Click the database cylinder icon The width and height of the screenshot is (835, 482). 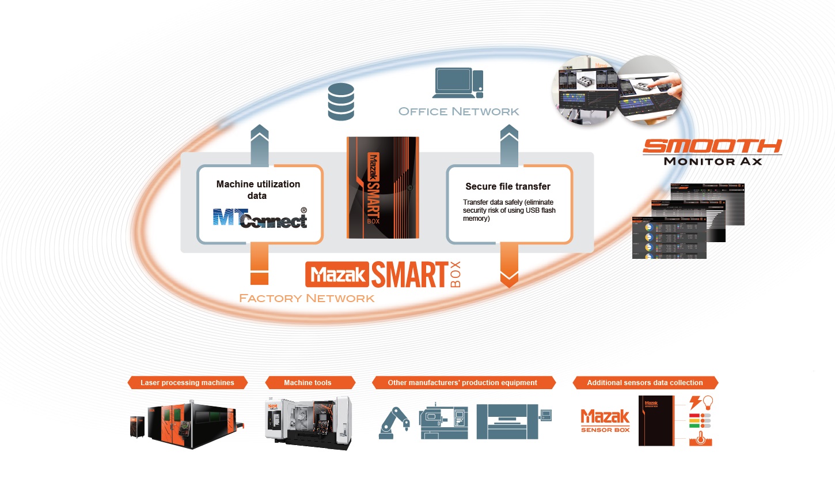pos(340,101)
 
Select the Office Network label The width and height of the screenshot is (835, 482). pos(459,111)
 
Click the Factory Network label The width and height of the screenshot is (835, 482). pos(306,298)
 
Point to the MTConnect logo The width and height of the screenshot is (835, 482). pos(260,218)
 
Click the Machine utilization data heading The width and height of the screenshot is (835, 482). pos(258,190)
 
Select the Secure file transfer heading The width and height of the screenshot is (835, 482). pos(507,186)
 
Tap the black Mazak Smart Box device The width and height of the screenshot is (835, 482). pos(382,187)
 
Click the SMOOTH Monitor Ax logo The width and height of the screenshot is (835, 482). pos(712,152)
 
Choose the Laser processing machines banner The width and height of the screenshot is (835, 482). pos(187,382)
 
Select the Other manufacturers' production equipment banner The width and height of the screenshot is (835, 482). pos(462,382)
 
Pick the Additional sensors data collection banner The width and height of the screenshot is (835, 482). pos(644,382)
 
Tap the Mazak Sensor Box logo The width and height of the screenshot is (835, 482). pos(605,420)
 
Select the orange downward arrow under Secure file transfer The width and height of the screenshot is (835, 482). pos(509,265)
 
